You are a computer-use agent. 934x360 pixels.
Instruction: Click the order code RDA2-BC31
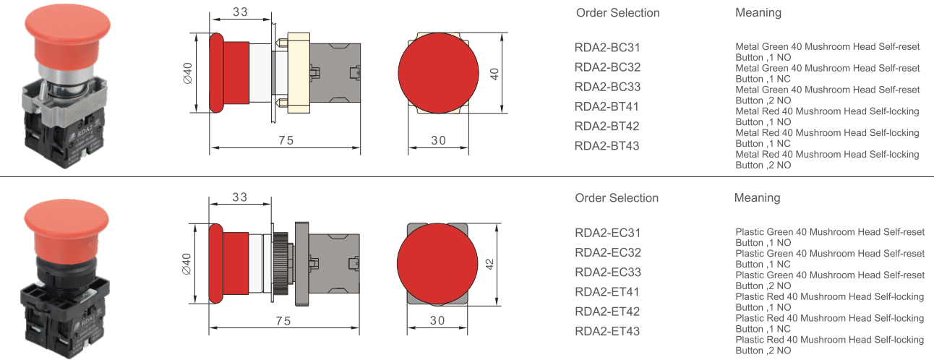tap(607, 48)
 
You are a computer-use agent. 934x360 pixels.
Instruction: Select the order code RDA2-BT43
tap(607, 146)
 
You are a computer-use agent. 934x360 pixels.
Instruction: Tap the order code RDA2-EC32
tap(607, 253)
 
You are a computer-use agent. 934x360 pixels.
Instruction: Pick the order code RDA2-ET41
tap(607, 292)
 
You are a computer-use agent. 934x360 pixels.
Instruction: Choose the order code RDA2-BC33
tap(607, 87)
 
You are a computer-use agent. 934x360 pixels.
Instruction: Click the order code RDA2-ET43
tap(607, 331)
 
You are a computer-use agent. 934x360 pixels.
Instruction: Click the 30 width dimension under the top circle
tap(438, 141)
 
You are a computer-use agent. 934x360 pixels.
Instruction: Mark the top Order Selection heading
tap(617, 13)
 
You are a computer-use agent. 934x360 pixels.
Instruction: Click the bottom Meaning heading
tap(757, 198)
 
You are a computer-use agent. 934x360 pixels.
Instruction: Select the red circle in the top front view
tap(438, 70)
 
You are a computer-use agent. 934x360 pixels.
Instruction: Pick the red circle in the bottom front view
tap(437, 263)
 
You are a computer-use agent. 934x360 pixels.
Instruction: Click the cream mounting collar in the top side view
tap(298, 73)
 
